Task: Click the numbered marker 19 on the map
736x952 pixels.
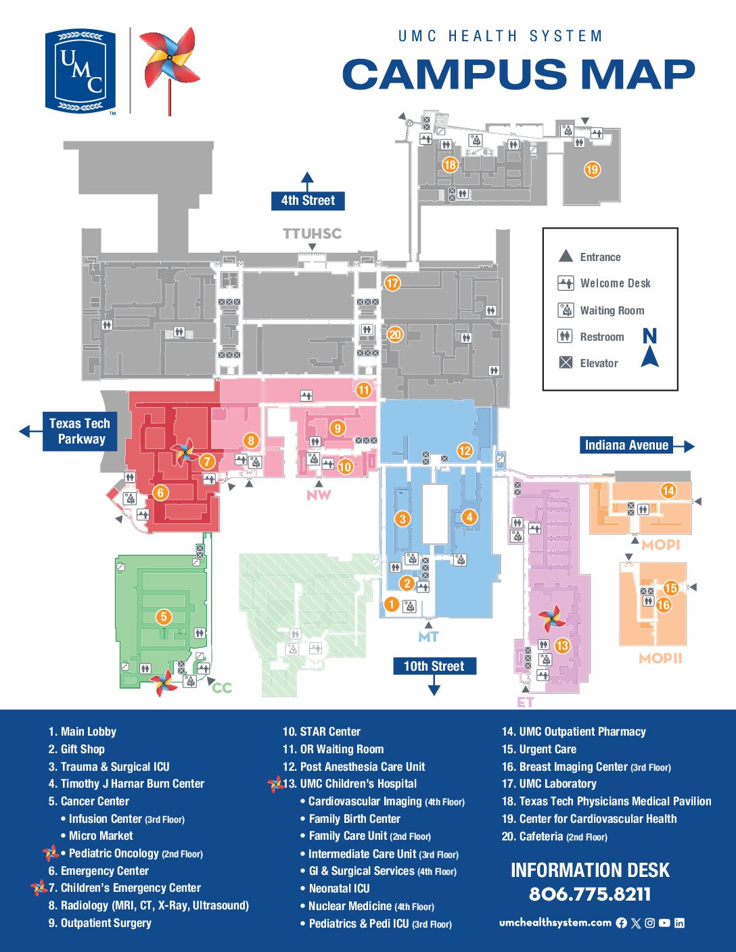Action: point(592,170)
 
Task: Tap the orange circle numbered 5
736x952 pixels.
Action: point(163,616)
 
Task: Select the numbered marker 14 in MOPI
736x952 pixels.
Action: point(668,491)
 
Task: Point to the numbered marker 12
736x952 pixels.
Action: point(464,450)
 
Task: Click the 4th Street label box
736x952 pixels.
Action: point(308,201)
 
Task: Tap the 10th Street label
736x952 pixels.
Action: point(434,666)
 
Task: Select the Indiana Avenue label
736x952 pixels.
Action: point(626,445)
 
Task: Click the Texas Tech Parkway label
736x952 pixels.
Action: point(80,431)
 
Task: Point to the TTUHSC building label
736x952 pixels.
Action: point(312,234)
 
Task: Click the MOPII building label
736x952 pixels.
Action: point(660,658)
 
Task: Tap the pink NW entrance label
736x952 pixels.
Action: point(319,495)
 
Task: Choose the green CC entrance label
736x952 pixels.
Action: point(222,688)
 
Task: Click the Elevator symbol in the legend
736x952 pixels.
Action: point(566,363)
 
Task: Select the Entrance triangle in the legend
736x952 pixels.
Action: point(566,256)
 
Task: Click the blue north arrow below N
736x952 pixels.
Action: point(650,357)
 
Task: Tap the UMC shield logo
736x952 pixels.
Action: point(80,70)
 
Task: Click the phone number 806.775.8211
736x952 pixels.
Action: point(590,894)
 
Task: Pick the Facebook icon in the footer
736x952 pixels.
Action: point(622,923)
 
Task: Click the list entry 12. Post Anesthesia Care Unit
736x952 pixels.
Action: point(354,767)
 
